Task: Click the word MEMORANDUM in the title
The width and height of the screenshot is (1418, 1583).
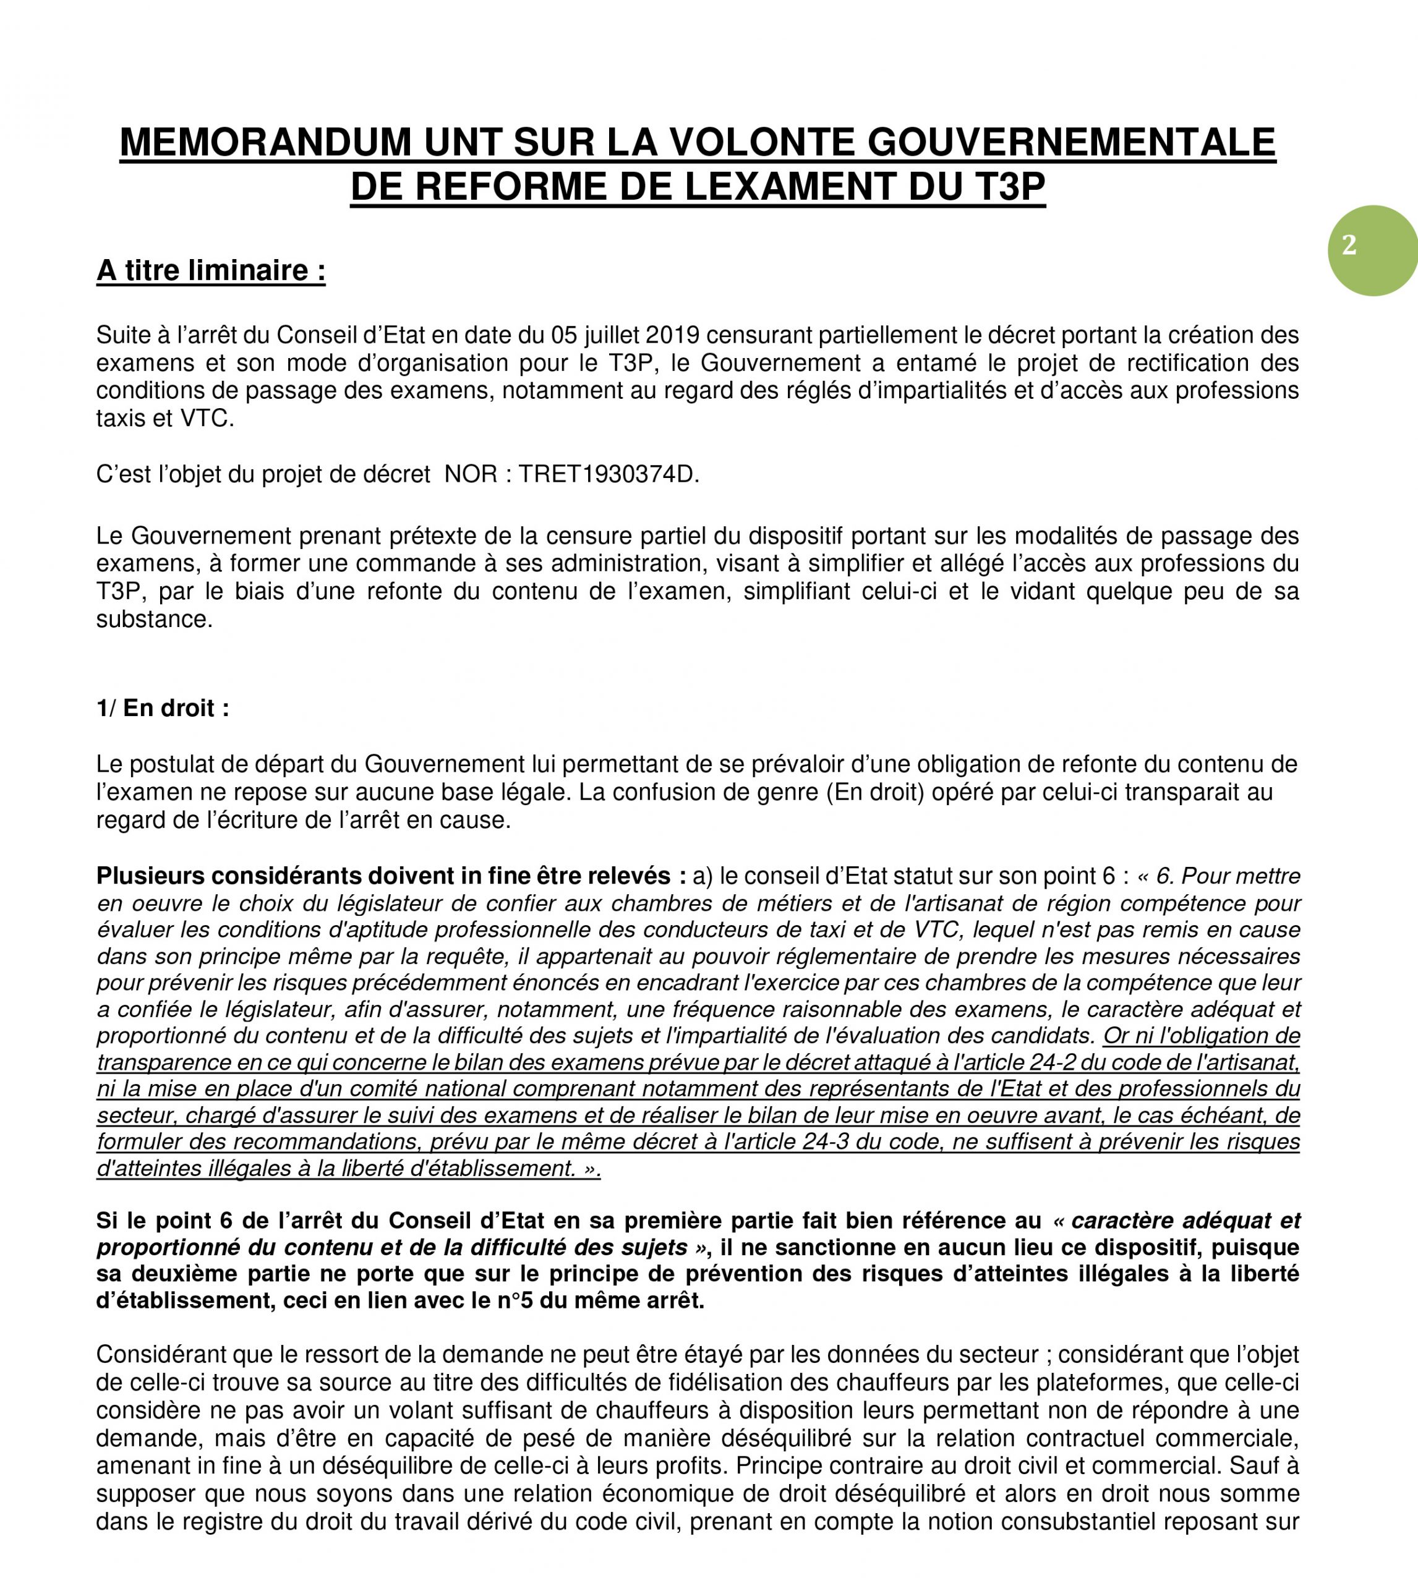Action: coord(265,143)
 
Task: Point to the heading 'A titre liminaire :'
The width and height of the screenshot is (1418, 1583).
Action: coord(210,271)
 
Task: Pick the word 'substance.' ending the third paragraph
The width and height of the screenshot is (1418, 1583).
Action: coord(154,620)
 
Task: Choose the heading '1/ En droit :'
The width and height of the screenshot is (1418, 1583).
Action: coord(163,708)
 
